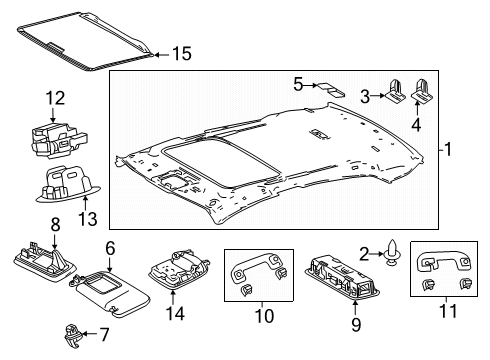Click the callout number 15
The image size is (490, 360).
[x=180, y=53]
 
